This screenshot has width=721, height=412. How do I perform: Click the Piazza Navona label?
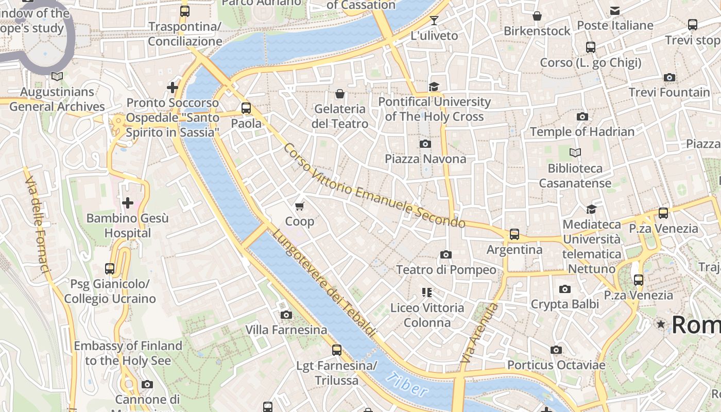(x=425, y=159)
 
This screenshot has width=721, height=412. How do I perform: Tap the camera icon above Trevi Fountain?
(x=669, y=78)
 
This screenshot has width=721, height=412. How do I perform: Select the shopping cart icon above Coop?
(x=300, y=207)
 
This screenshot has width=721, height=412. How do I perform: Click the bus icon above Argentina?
(x=514, y=234)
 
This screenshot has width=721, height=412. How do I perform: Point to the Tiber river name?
(x=406, y=384)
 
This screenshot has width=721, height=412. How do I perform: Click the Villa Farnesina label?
(x=286, y=330)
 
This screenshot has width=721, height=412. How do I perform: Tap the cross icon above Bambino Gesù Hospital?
(x=127, y=203)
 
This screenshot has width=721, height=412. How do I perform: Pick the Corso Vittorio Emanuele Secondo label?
(x=374, y=185)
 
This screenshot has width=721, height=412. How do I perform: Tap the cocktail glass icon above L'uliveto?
(x=434, y=21)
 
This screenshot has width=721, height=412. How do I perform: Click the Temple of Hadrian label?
(x=582, y=132)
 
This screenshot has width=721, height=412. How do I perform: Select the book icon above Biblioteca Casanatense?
(x=575, y=153)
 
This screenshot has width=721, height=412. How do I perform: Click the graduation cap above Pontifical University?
(x=434, y=87)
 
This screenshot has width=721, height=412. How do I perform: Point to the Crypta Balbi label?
(x=564, y=304)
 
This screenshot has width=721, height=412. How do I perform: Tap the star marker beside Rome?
(x=661, y=324)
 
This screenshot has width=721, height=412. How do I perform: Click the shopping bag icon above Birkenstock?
(x=537, y=16)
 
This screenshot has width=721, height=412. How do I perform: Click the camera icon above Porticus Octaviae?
(x=556, y=350)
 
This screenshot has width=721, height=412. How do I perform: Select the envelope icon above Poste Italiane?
(x=614, y=11)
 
